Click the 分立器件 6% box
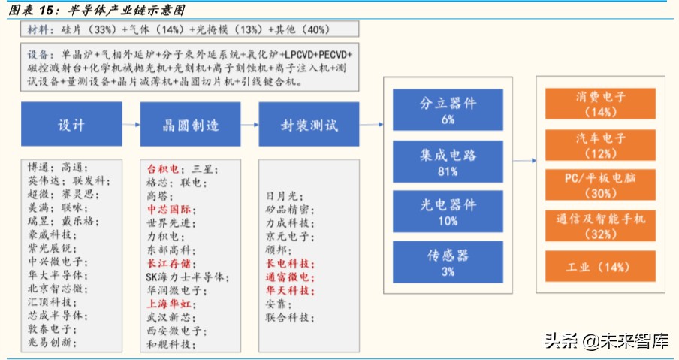pyautogui.click(x=448, y=110)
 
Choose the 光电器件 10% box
pyautogui.click(x=448, y=212)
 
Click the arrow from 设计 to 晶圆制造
pyautogui.click(x=129, y=126)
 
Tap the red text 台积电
pyautogui.click(x=163, y=169)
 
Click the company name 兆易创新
pyautogui.click(x=50, y=343)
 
